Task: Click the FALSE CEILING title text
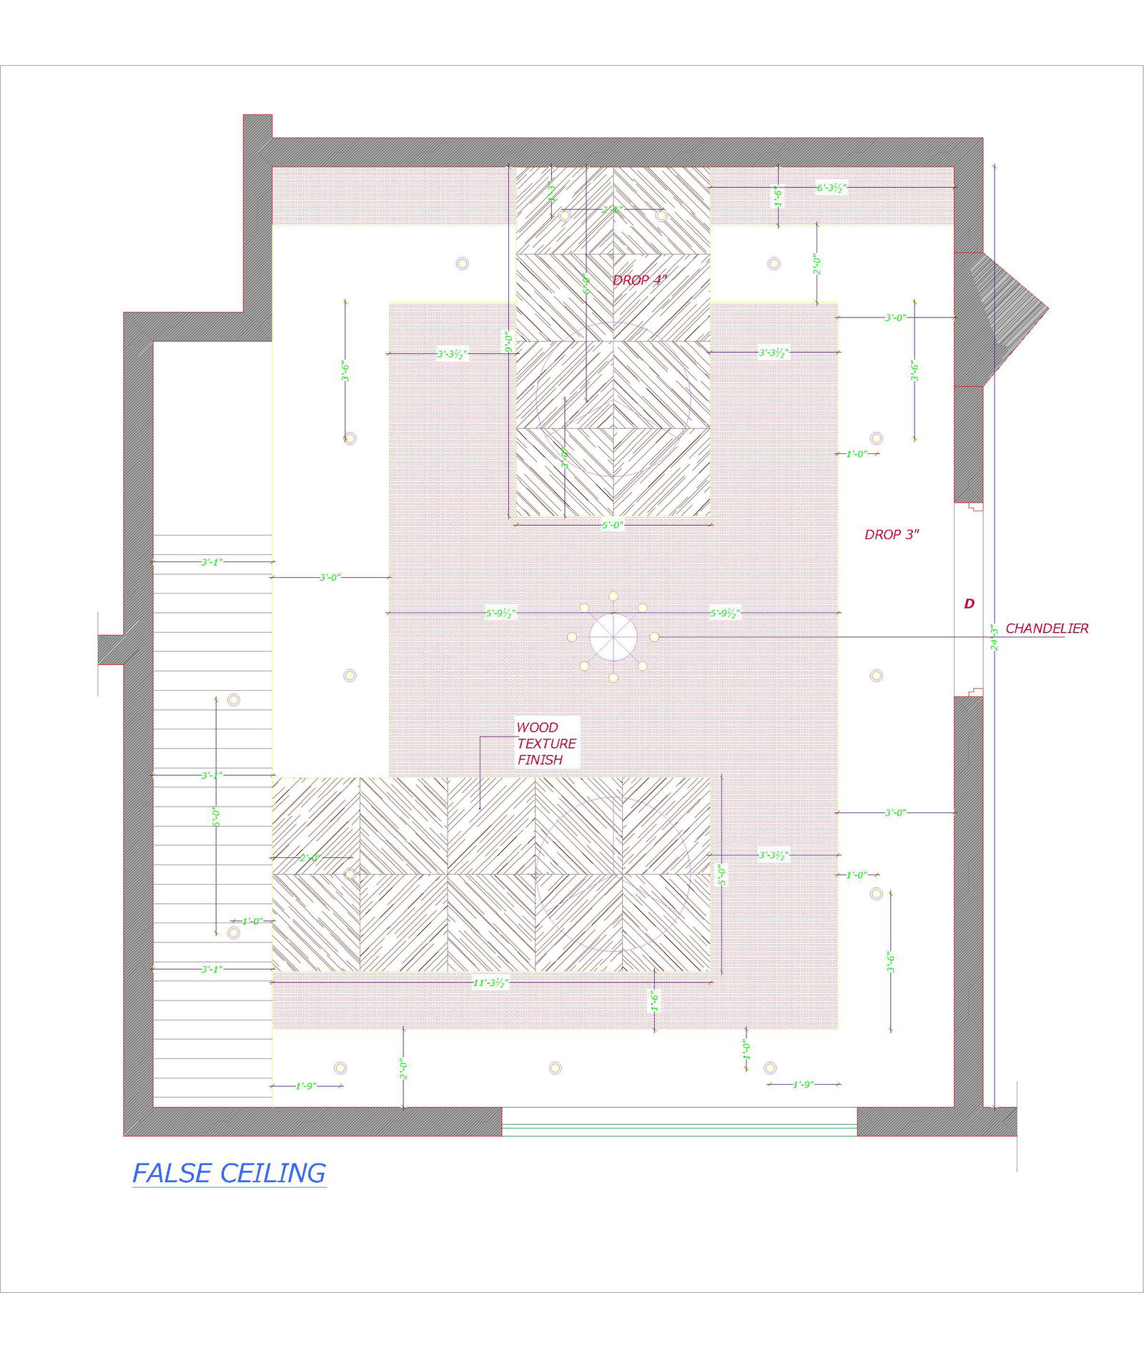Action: [229, 1174]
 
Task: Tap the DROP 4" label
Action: [639, 280]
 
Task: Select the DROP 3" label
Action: [891, 535]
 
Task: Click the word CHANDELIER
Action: [1046, 629]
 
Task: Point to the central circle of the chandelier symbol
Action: [613, 637]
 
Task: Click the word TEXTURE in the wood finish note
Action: [546, 744]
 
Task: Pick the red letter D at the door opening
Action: [969, 604]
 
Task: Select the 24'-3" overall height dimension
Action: [994, 636]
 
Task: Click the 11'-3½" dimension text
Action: [490, 983]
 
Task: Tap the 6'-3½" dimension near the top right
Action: [832, 188]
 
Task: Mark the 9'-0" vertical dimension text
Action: [508, 341]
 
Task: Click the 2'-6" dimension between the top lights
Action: [612, 210]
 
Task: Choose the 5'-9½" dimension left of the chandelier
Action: [500, 613]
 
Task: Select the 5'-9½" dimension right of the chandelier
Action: [724, 613]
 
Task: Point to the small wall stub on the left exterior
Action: [111, 649]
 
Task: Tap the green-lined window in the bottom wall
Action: [679, 1121]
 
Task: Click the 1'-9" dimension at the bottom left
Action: [306, 1086]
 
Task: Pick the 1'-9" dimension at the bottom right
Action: [803, 1085]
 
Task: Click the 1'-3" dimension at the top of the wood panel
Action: [551, 191]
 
